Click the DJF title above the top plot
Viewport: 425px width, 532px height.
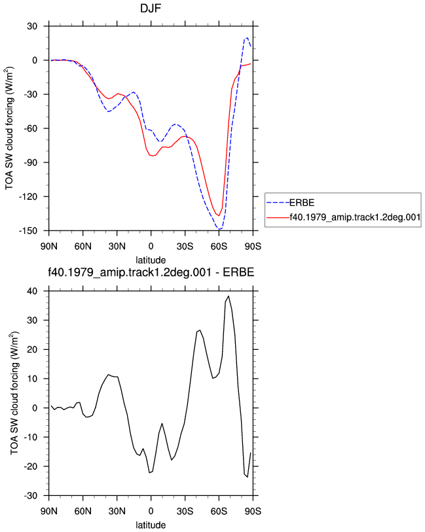coord(151,8)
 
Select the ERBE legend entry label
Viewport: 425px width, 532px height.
coord(302,203)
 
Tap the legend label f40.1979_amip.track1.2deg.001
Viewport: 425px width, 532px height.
coord(355,217)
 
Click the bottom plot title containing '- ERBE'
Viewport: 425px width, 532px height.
coord(151,272)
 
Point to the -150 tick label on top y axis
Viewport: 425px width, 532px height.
coord(28,231)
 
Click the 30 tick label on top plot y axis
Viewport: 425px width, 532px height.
coord(32,26)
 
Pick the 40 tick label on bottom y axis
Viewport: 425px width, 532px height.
coord(32,291)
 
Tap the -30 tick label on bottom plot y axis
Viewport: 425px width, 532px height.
coord(31,496)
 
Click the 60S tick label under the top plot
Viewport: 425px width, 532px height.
coord(219,246)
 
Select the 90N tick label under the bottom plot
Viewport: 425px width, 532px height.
coord(49,511)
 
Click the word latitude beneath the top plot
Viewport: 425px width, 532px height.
coord(151,260)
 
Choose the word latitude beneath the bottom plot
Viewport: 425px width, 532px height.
coord(151,525)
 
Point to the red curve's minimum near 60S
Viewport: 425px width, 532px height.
coord(219,216)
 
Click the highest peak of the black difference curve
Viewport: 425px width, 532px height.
coord(229,296)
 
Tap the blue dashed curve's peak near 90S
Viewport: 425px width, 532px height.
coord(248,37)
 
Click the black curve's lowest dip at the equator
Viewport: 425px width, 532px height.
coord(149,472)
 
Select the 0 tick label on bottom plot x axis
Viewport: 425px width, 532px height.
coord(151,511)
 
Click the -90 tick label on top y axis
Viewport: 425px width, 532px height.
coord(31,162)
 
